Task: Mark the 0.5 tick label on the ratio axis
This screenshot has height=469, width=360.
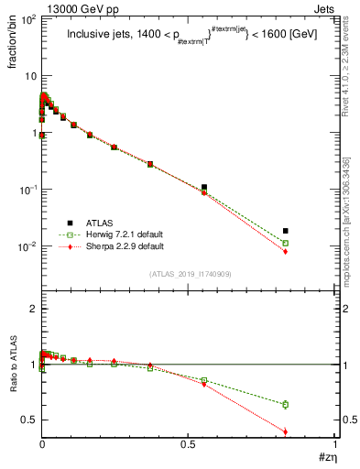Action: (27, 420)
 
